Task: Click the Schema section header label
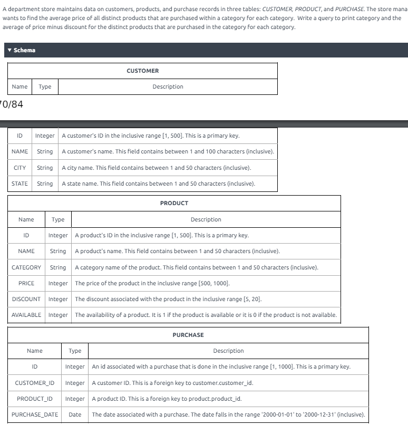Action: [x=24, y=50]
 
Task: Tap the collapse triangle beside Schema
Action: [x=9, y=50]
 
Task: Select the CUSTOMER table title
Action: [x=142, y=71]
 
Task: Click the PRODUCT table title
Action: [x=174, y=203]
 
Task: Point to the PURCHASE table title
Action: [x=188, y=335]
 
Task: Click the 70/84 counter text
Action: [x=11, y=104]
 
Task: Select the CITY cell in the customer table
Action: [x=20, y=168]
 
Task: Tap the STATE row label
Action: [x=20, y=183]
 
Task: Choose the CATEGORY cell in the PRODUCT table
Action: [x=26, y=267]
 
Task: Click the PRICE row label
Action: [x=26, y=283]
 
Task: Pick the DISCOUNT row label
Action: [x=26, y=299]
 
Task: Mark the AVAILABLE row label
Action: [x=26, y=315]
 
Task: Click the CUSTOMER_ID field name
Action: [x=35, y=382]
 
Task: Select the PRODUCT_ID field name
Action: [x=35, y=398]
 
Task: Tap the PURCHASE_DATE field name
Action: [x=35, y=414]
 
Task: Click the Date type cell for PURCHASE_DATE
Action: [x=75, y=414]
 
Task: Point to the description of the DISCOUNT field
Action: [x=168, y=299]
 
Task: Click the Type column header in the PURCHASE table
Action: [x=75, y=351]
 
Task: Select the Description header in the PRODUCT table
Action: [x=206, y=219]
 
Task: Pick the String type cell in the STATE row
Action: [x=45, y=183]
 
